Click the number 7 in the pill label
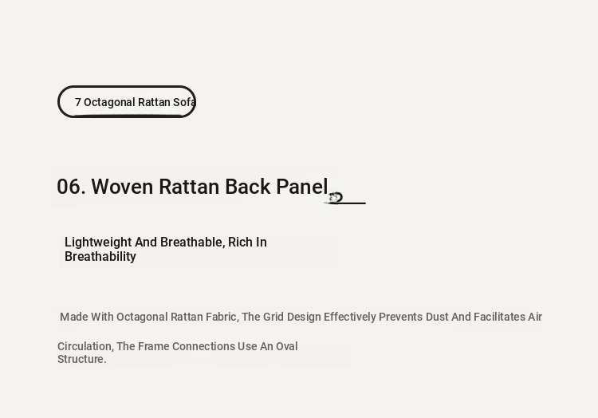pos(78,102)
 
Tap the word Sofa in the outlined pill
pos(184,102)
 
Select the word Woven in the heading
pos(122,187)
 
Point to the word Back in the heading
pos(247,187)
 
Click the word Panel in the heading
pos(302,187)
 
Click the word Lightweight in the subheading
pos(98,243)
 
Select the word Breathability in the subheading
pos(100,257)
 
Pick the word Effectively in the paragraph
pos(350,317)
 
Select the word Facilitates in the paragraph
pos(499,317)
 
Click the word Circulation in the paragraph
pos(85,347)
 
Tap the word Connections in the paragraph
pos(203,346)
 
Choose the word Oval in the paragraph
pos(287,346)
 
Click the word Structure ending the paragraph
pos(81,359)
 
